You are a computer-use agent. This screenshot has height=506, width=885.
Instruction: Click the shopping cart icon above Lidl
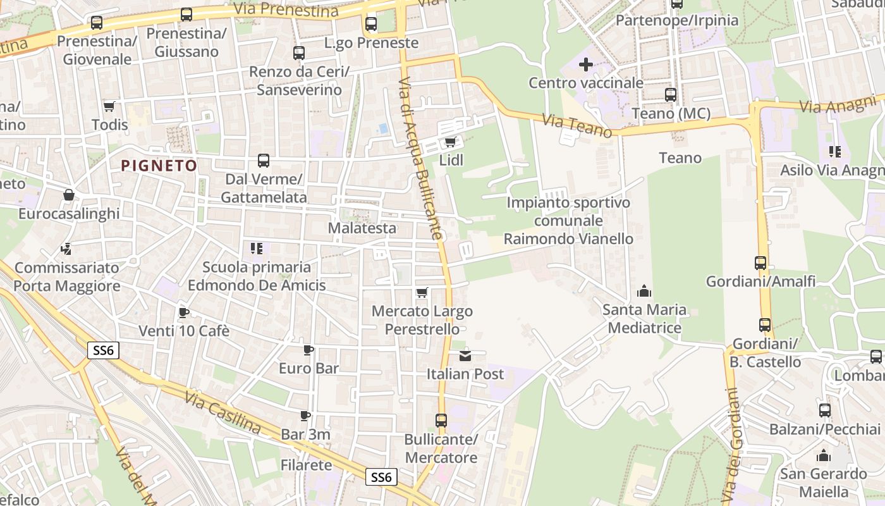[450, 141]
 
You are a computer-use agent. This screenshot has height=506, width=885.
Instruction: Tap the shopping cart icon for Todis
[109, 106]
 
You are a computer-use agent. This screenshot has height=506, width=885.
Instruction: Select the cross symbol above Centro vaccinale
[586, 64]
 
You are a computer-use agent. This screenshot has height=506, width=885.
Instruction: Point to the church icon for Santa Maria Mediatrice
[644, 291]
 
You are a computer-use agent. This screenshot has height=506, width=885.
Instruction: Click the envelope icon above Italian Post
[465, 355]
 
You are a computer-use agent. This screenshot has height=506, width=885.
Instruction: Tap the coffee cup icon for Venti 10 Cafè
[183, 312]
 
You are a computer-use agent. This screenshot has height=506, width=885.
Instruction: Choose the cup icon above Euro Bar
[308, 350]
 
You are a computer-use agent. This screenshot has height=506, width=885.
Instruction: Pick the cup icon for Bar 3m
[305, 416]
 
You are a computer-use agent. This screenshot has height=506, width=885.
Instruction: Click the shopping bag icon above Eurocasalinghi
[68, 195]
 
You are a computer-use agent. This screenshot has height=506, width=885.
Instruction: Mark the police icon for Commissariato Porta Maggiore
[66, 249]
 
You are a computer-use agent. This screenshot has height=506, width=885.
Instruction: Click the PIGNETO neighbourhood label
[159, 166]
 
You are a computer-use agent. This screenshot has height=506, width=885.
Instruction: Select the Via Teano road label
[577, 123]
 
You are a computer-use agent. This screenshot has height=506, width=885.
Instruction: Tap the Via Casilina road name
[223, 413]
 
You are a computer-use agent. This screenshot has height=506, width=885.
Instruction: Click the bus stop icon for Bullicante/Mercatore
[441, 420]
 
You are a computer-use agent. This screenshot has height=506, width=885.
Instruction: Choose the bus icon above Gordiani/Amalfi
[760, 262]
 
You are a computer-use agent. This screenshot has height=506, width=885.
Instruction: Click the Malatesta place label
[362, 228]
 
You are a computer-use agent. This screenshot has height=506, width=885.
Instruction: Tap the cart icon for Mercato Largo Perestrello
[422, 292]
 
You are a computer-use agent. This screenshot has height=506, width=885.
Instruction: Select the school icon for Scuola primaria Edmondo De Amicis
[256, 248]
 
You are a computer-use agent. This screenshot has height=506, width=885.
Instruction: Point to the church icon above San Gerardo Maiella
[823, 455]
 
